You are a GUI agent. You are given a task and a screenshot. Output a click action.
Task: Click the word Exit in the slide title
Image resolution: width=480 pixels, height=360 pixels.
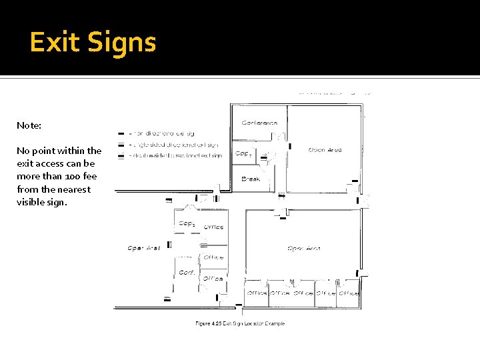pos(54,43)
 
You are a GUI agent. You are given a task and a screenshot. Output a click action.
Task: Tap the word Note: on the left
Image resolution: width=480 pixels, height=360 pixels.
pos(29,125)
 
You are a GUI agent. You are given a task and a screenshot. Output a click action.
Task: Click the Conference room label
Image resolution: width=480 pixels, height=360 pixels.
pos(259,123)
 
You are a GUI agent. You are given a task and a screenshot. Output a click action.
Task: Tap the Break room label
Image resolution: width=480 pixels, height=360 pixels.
pos(251,179)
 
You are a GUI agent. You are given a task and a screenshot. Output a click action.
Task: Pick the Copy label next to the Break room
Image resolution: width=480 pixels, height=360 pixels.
pos(242,153)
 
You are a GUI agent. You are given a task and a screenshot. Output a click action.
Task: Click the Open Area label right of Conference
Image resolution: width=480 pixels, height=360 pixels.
pos(325,150)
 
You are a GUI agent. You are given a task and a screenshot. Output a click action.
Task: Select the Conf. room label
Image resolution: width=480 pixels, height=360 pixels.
pos(187,273)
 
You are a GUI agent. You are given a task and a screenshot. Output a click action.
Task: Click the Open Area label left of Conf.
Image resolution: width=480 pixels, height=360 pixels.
pos(144,248)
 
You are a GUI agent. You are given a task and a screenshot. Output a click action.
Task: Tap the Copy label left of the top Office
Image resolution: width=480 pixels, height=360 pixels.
pos(187,223)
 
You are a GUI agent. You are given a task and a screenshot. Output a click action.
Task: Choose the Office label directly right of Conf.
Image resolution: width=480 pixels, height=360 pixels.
pos(213,278)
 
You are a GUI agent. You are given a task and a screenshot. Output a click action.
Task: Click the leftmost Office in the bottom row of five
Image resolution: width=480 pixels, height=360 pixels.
pos(257,293)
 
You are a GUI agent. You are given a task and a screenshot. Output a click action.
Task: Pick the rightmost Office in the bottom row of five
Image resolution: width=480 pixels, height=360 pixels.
pos(349,293)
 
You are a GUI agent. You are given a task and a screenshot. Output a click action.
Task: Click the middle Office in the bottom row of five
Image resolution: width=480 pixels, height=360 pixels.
pos(303,293)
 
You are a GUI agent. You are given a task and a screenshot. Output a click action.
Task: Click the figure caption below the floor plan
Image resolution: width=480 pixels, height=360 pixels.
pos(239,324)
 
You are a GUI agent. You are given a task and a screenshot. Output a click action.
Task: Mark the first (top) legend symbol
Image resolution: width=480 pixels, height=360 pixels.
pos(121,133)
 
